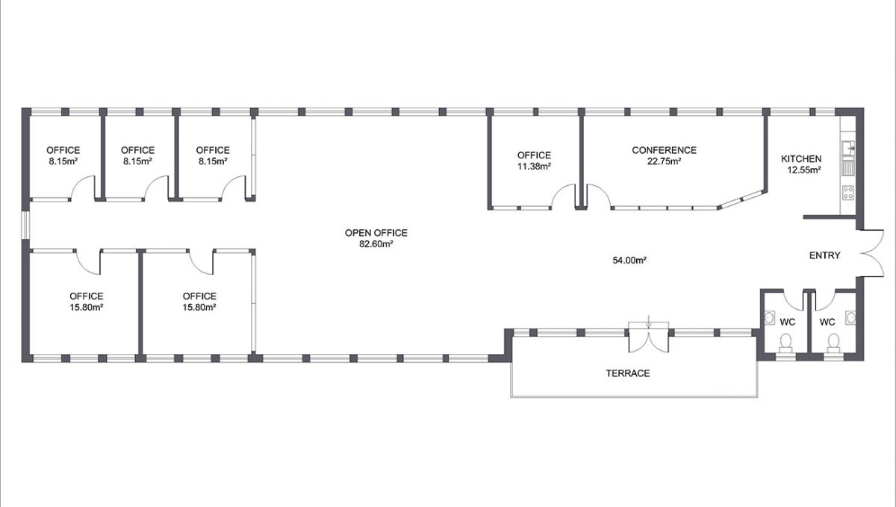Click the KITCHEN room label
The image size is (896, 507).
(x=801, y=159)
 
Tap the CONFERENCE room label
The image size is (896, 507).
(x=664, y=150)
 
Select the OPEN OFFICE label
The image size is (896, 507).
(x=376, y=233)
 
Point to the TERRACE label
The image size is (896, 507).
(x=628, y=373)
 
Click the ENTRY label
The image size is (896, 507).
(x=825, y=255)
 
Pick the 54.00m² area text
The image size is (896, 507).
(x=629, y=261)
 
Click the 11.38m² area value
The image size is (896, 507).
(x=534, y=167)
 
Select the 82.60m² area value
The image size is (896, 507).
(x=376, y=243)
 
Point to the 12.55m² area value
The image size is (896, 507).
(x=803, y=169)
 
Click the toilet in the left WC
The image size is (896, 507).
(x=785, y=342)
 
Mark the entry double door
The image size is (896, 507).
(x=871, y=253)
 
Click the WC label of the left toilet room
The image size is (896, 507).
(x=787, y=323)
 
